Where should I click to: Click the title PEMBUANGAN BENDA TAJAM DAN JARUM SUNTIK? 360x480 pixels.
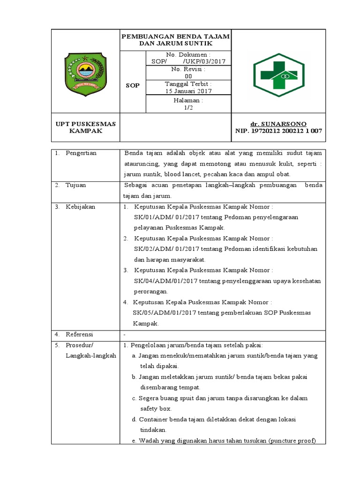pyautogui.click(x=175, y=40)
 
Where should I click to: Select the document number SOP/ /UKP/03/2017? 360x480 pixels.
pyautogui.click(x=188, y=61)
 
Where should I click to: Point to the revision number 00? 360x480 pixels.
pyautogui.click(x=188, y=76)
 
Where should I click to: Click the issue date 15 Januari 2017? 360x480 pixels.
pyautogui.click(x=188, y=91)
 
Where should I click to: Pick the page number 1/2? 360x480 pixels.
pyautogui.click(x=188, y=107)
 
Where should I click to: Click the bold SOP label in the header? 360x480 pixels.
pyautogui.click(x=133, y=86)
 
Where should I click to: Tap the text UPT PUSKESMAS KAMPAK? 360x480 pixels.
pyautogui.click(x=85, y=127)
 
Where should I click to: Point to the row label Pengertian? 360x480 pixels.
pyautogui.click(x=81, y=153)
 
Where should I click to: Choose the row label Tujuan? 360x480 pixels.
pyautogui.click(x=75, y=185)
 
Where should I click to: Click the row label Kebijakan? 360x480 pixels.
pyautogui.click(x=79, y=206)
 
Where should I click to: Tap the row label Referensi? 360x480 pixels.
pyautogui.click(x=79, y=334)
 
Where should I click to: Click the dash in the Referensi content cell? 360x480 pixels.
pyautogui.click(x=124, y=335)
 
